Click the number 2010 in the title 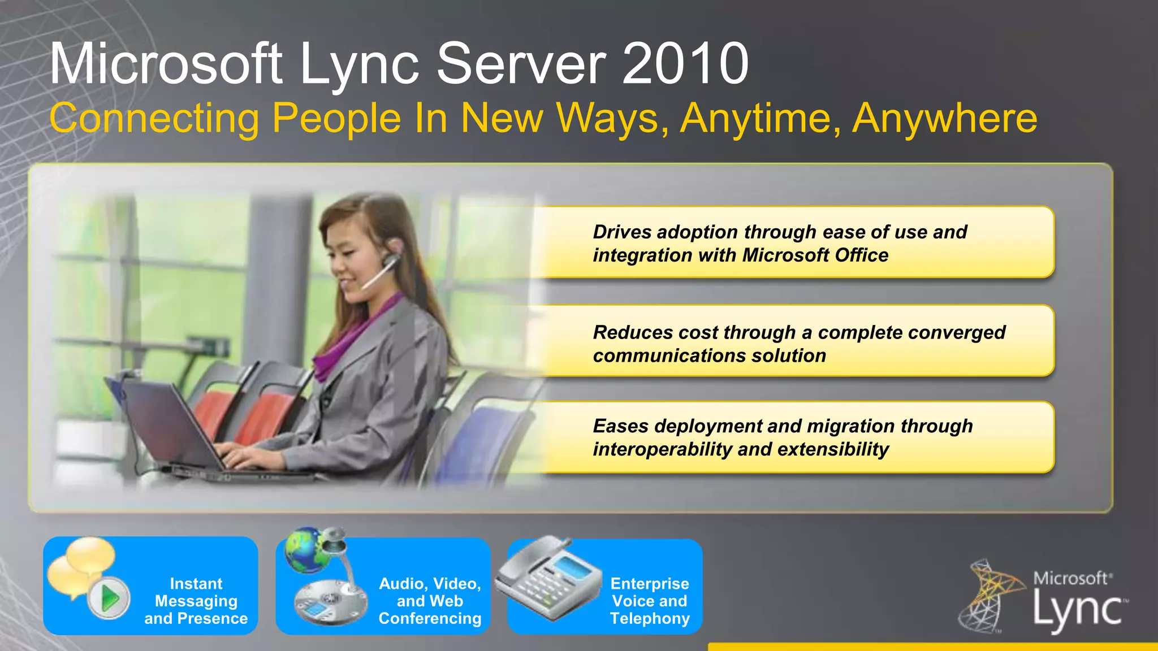tap(686, 64)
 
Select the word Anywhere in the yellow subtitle tap(944, 118)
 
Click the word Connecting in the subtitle tap(154, 119)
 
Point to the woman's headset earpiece tap(390, 260)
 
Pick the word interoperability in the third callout tap(662, 449)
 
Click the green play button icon tap(109, 597)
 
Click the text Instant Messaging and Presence tap(196, 601)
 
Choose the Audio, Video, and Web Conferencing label tap(430, 601)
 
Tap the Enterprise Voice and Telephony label tap(650, 601)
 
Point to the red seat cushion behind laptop tap(269, 415)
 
